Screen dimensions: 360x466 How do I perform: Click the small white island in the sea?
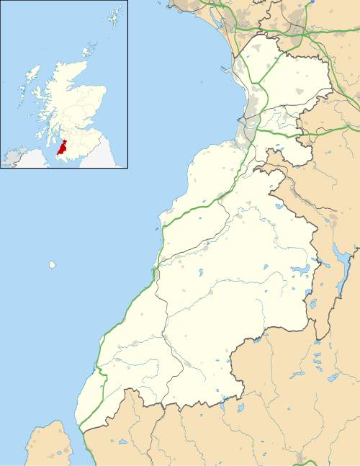click(x=52, y=264)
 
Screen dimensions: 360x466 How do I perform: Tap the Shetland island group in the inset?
click(x=114, y=15)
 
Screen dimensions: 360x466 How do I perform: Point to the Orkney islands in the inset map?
click(x=89, y=50)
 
